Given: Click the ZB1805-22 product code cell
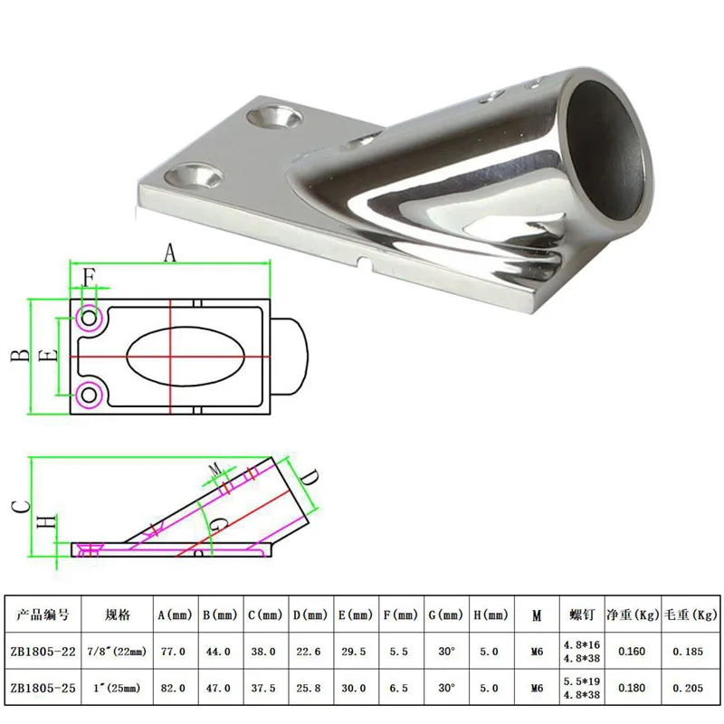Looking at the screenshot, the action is [x=43, y=651].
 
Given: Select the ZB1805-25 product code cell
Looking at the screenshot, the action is [x=43, y=688].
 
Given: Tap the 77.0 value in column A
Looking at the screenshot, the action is [x=173, y=651].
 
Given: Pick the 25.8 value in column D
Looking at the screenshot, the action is [x=309, y=688].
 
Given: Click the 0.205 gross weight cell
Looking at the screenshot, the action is [x=688, y=688].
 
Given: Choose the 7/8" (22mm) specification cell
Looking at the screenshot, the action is [x=117, y=651].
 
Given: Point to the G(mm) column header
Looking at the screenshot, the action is [x=445, y=614].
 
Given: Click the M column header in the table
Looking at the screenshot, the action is [x=537, y=615].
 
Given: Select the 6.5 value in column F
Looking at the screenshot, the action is [x=398, y=688].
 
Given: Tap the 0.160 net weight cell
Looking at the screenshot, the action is [x=631, y=651].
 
